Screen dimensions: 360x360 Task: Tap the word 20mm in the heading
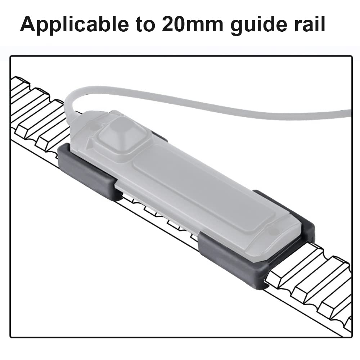(x=192, y=24)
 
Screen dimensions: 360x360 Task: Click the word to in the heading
(x=145, y=25)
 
